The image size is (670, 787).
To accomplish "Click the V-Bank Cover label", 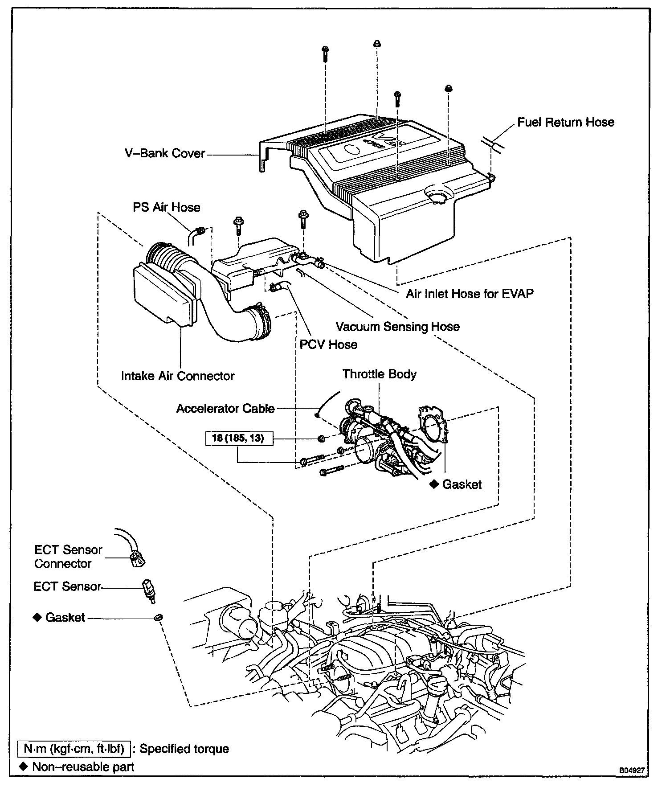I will pos(165,154).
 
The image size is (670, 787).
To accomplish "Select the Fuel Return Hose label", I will pos(566,123).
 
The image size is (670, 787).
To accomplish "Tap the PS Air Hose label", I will pos(167,207).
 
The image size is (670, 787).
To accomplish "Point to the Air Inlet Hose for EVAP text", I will pos(470,294).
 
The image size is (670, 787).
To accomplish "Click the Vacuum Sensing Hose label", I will pos(397,327).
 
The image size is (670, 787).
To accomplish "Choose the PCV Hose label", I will pos(328,344).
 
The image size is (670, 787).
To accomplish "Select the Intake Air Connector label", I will pos(178,376).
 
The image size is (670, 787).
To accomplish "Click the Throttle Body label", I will pos(379,374).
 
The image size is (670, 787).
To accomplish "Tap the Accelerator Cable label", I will pos(225,409).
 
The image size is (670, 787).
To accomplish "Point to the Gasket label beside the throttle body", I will pos(462,484).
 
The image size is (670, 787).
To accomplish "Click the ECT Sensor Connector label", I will pos(68,557).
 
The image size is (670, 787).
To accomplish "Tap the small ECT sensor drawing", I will pos(148,590).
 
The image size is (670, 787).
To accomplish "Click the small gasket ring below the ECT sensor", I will pos(158,618).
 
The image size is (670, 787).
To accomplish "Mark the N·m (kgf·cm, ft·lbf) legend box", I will pos(74,748).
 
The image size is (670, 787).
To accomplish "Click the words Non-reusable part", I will pos(83,767).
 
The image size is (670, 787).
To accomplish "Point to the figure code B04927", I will pos(631,770).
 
